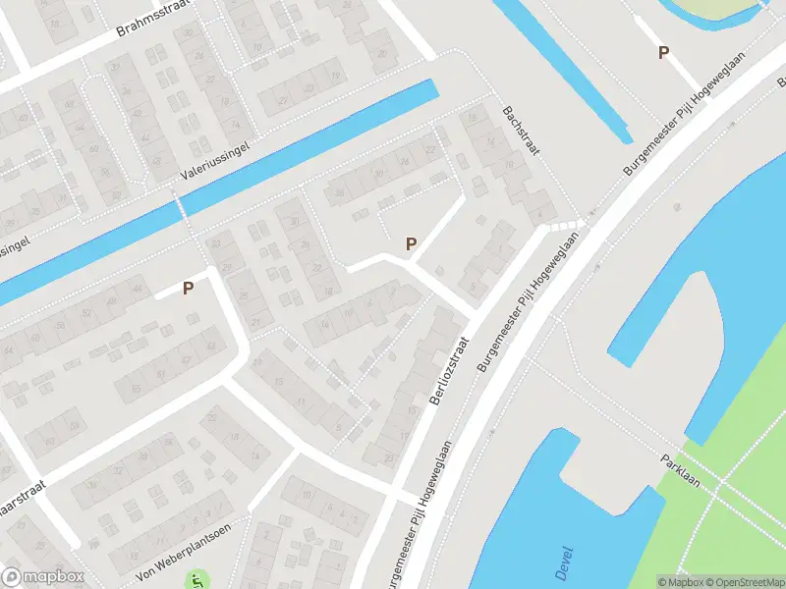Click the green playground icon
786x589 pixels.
click(201, 580)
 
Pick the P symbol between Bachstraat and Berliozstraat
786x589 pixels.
click(411, 243)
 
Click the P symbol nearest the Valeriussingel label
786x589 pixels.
click(188, 288)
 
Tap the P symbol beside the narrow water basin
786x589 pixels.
click(663, 53)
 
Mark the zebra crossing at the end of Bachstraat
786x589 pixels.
click(566, 227)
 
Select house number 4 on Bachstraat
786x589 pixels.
click(538, 213)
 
